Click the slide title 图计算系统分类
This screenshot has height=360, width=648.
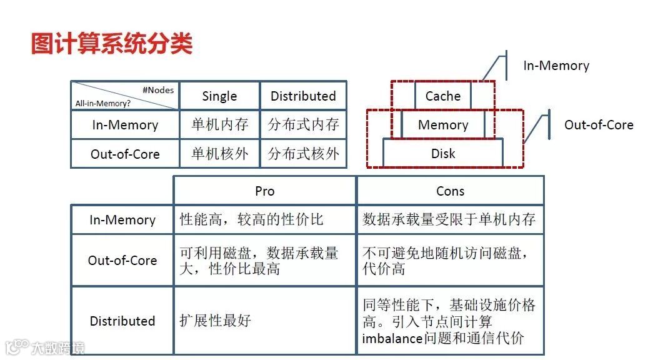(x=112, y=44)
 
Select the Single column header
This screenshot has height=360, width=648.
(x=219, y=96)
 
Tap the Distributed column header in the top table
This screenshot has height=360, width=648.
(x=303, y=96)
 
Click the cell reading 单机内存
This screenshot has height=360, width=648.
(x=219, y=125)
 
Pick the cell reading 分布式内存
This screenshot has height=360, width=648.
(x=303, y=125)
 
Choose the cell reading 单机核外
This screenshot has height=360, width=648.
(x=219, y=154)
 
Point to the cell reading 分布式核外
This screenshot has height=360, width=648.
(x=303, y=154)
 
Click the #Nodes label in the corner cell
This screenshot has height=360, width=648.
(x=158, y=90)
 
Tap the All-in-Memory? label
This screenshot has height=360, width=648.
(x=103, y=103)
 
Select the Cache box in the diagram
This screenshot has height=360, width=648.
(x=442, y=96)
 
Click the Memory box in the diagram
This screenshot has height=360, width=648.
(x=442, y=125)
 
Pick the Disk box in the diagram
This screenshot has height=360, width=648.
(x=442, y=154)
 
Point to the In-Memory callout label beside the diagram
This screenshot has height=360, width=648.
(x=556, y=66)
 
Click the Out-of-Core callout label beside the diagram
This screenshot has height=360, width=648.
(x=599, y=125)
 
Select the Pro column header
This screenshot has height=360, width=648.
(x=264, y=191)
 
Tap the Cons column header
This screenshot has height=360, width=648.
(x=450, y=191)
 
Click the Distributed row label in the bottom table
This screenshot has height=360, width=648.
(x=122, y=321)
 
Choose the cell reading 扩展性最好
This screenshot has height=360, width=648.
(x=215, y=321)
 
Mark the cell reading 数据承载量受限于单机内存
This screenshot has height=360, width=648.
(x=449, y=220)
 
